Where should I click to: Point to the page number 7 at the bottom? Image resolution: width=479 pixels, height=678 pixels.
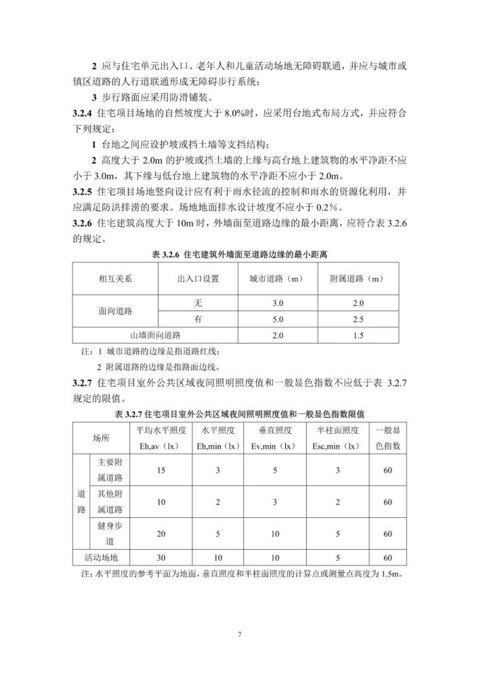(239, 635)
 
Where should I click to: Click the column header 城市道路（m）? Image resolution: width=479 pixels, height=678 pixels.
(271, 279)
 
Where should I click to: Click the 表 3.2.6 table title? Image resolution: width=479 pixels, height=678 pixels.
(238, 255)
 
